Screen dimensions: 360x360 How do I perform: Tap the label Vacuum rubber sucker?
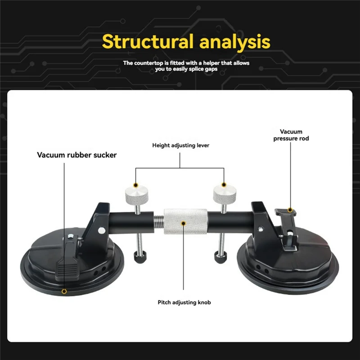point(77,155)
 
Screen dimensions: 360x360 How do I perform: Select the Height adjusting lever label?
point(180,145)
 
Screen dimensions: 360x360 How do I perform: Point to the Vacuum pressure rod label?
point(291,135)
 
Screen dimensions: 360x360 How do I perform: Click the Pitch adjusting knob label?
point(184,302)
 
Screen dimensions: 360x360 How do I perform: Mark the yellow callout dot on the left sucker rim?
point(64,292)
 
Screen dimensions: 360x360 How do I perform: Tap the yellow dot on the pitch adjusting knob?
point(184,222)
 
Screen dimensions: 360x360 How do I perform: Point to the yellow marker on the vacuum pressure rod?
point(291,209)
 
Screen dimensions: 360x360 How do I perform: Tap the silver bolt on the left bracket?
point(102,231)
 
